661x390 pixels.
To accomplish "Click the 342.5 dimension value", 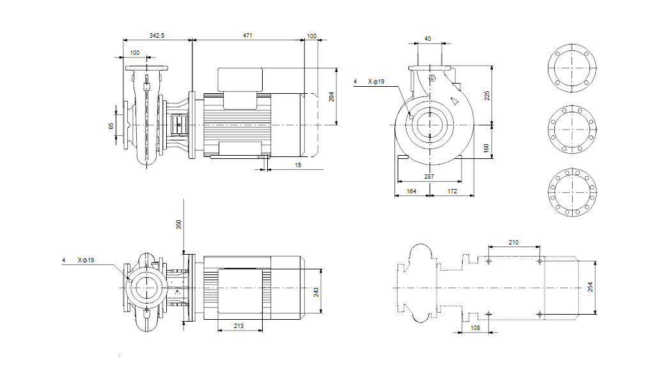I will click(x=157, y=36).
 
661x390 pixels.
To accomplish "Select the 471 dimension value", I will click(x=247, y=36).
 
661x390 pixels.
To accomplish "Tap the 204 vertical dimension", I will click(x=330, y=96).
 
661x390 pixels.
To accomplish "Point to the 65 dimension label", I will click(x=111, y=126).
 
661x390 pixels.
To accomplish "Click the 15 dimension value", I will click(x=298, y=165).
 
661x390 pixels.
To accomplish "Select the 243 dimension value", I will click(x=316, y=292).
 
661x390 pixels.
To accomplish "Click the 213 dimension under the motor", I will click(x=239, y=326).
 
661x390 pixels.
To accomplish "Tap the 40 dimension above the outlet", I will click(x=428, y=39).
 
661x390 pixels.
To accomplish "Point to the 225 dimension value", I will click(x=486, y=95).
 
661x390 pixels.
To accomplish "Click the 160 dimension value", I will click(x=486, y=147).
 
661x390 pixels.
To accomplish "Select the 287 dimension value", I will click(x=430, y=176).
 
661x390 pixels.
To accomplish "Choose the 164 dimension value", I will click(x=412, y=191).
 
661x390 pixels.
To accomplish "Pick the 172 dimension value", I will click(x=452, y=191).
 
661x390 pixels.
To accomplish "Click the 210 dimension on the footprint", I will click(x=513, y=243).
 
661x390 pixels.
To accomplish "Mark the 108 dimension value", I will click(x=475, y=327).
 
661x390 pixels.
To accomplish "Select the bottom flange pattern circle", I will click(x=572, y=191).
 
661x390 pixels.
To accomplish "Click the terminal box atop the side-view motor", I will click(x=240, y=79).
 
